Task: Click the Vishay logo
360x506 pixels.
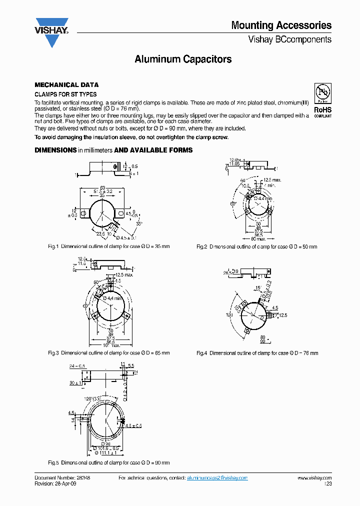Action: pyautogui.click(x=51, y=32)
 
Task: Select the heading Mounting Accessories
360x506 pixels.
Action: pyautogui.click(x=281, y=25)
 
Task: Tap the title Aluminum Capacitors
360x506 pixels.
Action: pyautogui.click(x=183, y=59)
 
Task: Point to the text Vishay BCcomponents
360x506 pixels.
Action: pyautogui.click(x=289, y=39)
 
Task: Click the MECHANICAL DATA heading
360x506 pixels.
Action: pyautogui.click(x=66, y=85)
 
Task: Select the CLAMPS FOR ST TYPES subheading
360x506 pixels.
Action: pyautogui.click(x=65, y=94)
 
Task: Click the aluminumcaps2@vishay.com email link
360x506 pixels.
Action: pyautogui.click(x=217, y=478)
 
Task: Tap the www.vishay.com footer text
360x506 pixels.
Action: pyautogui.click(x=314, y=478)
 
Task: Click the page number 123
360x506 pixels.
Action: pyautogui.click(x=327, y=484)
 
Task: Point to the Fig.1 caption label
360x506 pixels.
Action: pyautogui.click(x=53, y=246)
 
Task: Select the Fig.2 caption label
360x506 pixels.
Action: pyautogui.click(x=202, y=246)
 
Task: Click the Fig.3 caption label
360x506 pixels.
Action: pyautogui.click(x=53, y=353)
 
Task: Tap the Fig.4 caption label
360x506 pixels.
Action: pyautogui.click(x=202, y=353)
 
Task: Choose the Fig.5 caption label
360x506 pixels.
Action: pyautogui.click(x=53, y=462)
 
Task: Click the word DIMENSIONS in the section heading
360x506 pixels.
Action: pyautogui.click(x=55, y=150)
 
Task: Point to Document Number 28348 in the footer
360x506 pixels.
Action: pyautogui.click(x=62, y=478)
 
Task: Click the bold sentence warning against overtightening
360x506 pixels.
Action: pyautogui.click(x=131, y=137)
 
